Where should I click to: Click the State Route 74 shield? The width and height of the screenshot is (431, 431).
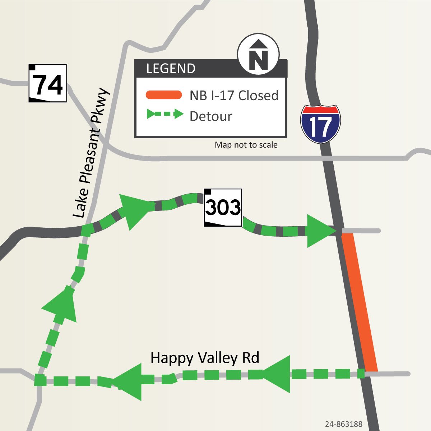point(48,83)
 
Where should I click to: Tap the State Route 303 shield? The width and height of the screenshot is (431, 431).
point(223,208)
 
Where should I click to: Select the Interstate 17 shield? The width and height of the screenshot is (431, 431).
point(320,124)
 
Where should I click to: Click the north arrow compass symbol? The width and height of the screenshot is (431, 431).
point(258,55)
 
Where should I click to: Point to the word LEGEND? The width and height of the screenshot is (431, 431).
point(171,69)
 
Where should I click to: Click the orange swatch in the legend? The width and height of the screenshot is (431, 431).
point(163,95)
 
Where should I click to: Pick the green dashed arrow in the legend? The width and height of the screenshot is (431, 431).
point(165,115)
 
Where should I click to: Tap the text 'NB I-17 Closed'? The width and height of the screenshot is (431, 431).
point(234,96)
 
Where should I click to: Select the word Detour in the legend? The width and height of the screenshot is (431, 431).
point(211,116)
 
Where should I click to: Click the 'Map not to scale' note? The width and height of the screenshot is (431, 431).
point(246,145)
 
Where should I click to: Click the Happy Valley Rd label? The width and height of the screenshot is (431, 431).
point(205,358)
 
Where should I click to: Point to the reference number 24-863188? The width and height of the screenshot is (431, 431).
point(343,424)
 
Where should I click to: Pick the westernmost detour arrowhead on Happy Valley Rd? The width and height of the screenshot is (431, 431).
point(129,381)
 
